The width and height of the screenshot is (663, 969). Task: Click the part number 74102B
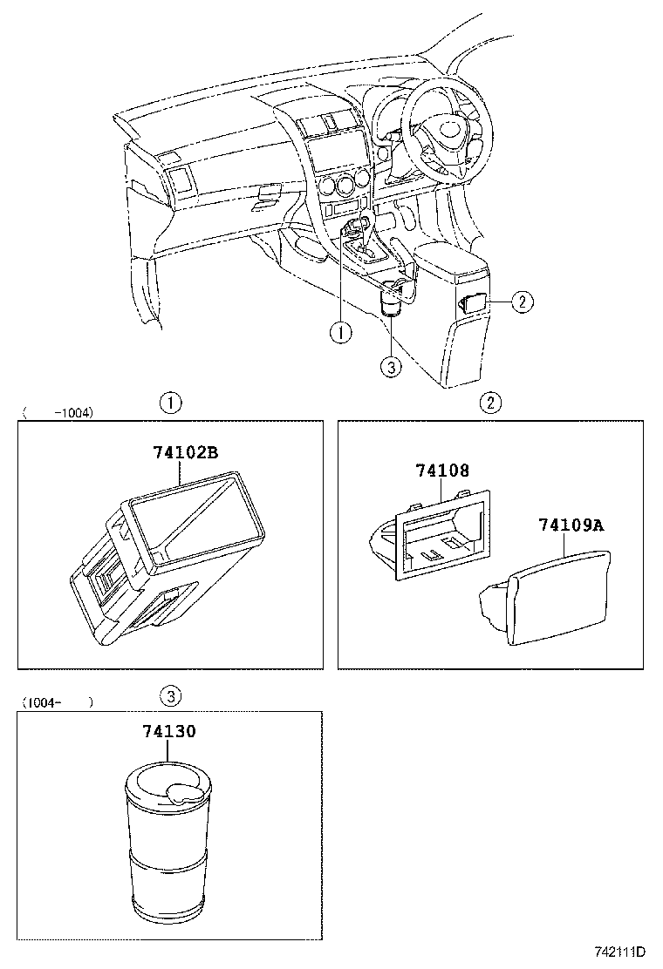[x=186, y=453]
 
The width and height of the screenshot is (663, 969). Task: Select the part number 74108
[x=442, y=471]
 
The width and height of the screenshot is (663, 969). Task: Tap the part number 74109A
[x=571, y=525]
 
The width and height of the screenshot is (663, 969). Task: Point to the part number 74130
[x=169, y=731]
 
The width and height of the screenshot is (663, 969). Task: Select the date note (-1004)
[x=58, y=413]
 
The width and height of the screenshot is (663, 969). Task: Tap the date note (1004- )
[x=58, y=702]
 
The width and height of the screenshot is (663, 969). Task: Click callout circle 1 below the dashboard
[x=341, y=333]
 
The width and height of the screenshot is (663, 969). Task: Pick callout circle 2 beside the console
[x=523, y=302]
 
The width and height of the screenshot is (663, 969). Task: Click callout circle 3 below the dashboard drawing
[x=391, y=367]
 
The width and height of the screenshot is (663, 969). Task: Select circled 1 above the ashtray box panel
[x=170, y=403]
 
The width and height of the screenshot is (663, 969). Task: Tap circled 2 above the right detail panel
[x=490, y=403]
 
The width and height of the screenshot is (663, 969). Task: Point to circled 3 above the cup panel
[x=170, y=696]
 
